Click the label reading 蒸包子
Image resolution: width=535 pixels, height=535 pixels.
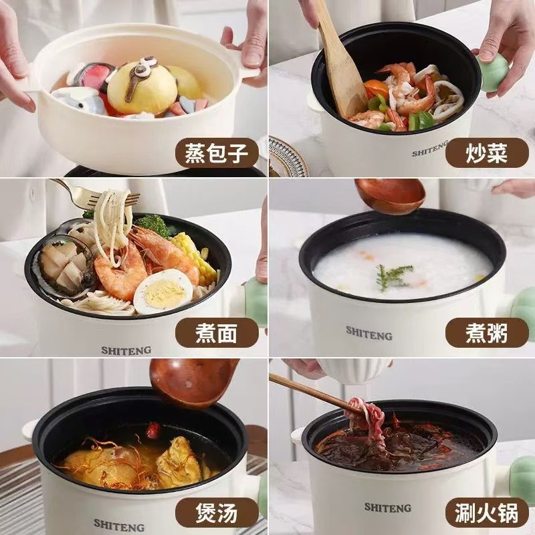(x=217, y=153)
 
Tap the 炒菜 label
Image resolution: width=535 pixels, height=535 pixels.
(x=487, y=153)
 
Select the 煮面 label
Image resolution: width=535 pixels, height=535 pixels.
(x=217, y=332)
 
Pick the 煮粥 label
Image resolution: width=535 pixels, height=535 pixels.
(x=487, y=332)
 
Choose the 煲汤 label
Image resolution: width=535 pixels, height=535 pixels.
(x=217, y=512)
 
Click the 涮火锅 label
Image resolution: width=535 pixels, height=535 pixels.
(x=487, y=512)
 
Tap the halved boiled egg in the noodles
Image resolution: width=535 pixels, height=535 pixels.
(x=163, y=291)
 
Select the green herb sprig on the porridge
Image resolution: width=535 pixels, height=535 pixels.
(x=394, y=276)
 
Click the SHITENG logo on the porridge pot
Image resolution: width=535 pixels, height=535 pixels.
(x=369, y=333)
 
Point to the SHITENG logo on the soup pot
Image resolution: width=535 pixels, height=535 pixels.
(x=119, y=525)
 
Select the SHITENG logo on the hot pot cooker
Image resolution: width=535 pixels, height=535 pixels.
(x=388, y=508)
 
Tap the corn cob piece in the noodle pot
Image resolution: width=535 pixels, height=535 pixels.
(x=195, y=257)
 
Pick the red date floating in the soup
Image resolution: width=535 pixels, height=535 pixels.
(x=153, y=430)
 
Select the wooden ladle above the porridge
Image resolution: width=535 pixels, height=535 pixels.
(x=390, y=195)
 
